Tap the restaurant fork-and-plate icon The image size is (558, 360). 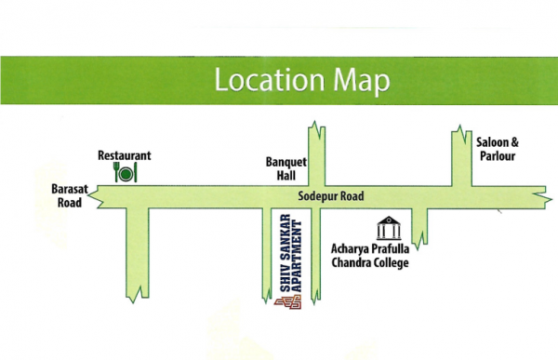[x=126, y=171]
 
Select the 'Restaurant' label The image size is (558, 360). [x=125, y=155]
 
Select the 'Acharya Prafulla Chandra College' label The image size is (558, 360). [x=370, y=256]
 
